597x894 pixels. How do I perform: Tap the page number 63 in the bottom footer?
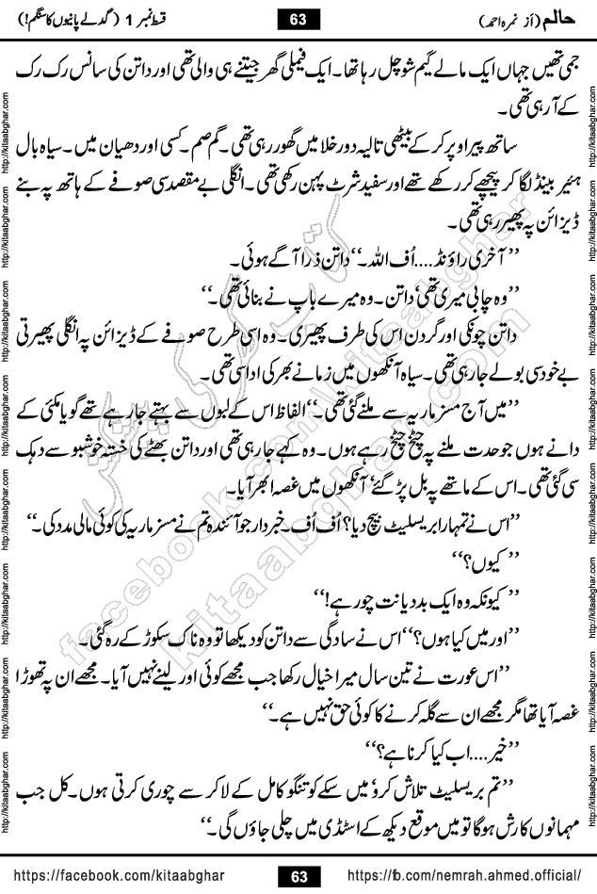299,875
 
